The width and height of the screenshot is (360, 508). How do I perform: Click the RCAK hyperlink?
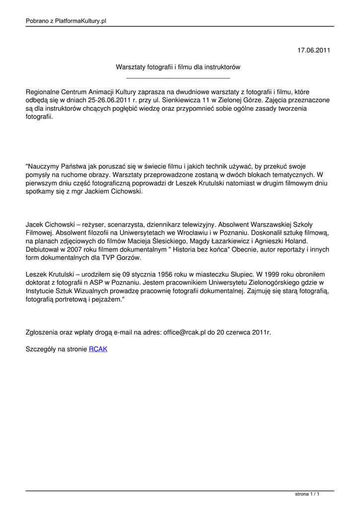click(98, 349)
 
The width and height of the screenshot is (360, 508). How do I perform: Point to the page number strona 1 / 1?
click(307, 495)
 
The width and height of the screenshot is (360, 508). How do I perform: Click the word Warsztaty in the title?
click(130, 66)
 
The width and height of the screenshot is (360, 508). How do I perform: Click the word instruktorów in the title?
click(221, 66)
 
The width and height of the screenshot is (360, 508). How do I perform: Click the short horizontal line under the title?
click(178, 78)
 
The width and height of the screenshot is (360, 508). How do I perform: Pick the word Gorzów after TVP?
click(129, 257)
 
